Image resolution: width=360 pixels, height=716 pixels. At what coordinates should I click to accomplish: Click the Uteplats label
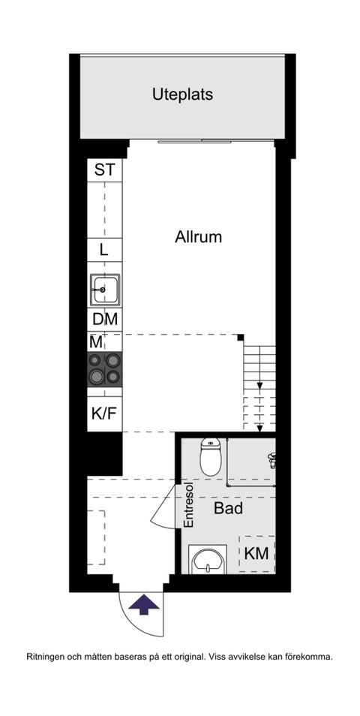pyautogui.click(x=182, y=95)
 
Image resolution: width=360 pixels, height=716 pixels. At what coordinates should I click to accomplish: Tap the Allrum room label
pyautogui.click(x=199, y=237)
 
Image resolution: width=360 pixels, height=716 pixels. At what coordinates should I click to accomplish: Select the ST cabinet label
pyautogui.click(x=104, y=170)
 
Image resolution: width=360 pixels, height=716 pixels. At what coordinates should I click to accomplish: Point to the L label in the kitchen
pyautogui.click(x=104, y=250)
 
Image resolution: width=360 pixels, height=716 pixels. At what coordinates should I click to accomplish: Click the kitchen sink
pyautogui.click(x=104, y=288)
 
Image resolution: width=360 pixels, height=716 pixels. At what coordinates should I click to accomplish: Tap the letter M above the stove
pyautogui.click(x=96, y=341)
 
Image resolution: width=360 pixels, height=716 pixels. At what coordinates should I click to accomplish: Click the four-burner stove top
pyautogui.click(x=104, y=369)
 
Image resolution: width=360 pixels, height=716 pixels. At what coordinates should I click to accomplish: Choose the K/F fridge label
pyautogui.click(x=104, y=413)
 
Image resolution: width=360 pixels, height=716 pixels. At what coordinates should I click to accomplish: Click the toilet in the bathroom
pyautogui.click(x=211, y=456)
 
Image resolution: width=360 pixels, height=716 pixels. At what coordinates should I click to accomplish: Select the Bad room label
pyautogui.click(x=228, y=509)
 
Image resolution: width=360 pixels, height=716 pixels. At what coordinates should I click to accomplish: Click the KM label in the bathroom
pyautogui.click(x=257, y=554)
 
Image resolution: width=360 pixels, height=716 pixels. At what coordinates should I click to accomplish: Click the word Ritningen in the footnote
pyautogui.click(x=46, y=657)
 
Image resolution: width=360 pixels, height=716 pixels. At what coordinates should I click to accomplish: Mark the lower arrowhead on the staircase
pyautogui.click(x=259, y=429)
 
